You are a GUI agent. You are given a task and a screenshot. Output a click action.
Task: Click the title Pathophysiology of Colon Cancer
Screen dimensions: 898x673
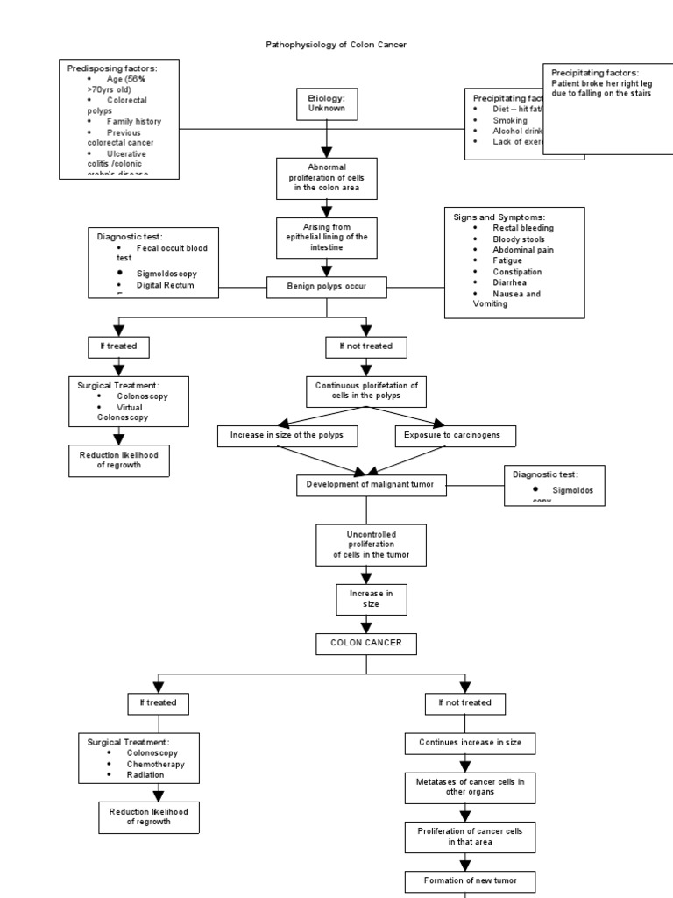click(336, 44)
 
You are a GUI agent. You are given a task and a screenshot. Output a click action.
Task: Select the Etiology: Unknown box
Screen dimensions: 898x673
click(327, 104)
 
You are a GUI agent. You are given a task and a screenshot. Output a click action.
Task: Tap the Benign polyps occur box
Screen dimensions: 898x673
click(327, 286)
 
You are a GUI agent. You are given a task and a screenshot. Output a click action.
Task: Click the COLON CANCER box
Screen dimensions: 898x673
click(366, 643)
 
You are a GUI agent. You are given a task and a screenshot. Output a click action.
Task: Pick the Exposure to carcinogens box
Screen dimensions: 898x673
click(455, 435)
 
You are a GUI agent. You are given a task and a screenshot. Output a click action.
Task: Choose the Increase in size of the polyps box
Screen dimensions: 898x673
click(287, 435)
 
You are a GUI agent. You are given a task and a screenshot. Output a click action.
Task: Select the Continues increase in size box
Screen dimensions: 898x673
click(470, 743)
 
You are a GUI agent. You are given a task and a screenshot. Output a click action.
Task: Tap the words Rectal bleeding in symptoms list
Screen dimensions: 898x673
click(523, 228)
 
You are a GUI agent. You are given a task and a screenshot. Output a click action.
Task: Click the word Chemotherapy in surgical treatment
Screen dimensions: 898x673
click(155, 764)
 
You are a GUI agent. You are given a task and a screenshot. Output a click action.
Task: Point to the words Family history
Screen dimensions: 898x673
click(133, 121)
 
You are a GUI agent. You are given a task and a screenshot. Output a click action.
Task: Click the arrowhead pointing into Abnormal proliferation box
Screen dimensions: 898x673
click(327, 151)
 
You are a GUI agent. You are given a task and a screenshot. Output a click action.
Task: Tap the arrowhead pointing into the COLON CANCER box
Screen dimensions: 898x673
click(366, 627)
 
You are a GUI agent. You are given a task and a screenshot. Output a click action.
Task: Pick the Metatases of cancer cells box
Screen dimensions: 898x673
click(470, 786)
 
